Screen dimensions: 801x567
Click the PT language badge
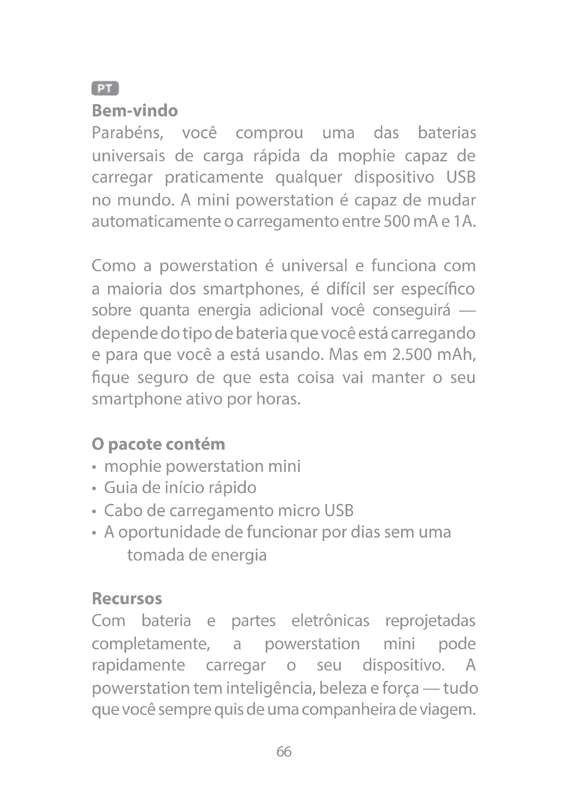tap(105, 88)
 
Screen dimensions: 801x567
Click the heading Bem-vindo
tap(135, 111)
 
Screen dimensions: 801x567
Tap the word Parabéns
tap(128, 133)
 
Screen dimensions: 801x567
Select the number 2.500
tap(412, 355)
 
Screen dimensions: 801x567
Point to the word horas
tap(278, 399)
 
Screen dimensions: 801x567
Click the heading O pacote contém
tap(158, 445)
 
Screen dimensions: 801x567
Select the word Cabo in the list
tap(122, 511)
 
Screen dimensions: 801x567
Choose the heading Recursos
tap(127, 599)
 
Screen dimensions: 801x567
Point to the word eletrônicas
tap(330, 621)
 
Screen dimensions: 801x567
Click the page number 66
tap(283, 751)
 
